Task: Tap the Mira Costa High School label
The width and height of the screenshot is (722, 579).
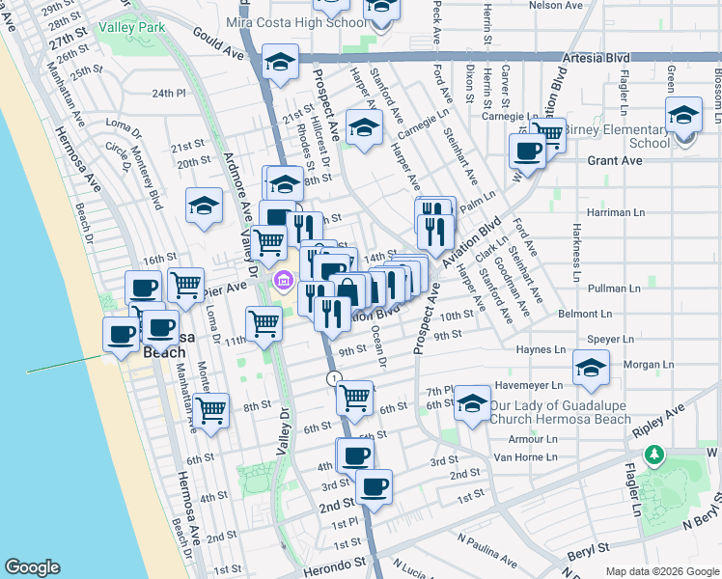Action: [287, 21]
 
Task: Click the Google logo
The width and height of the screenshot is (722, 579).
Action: [32, 567]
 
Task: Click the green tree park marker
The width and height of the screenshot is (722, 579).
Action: [654, 454]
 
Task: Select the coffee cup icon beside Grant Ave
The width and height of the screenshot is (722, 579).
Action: [528, 150]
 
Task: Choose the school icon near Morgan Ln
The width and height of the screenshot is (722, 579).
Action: [591, 366]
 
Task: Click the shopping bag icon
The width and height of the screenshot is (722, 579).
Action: [347, 289]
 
